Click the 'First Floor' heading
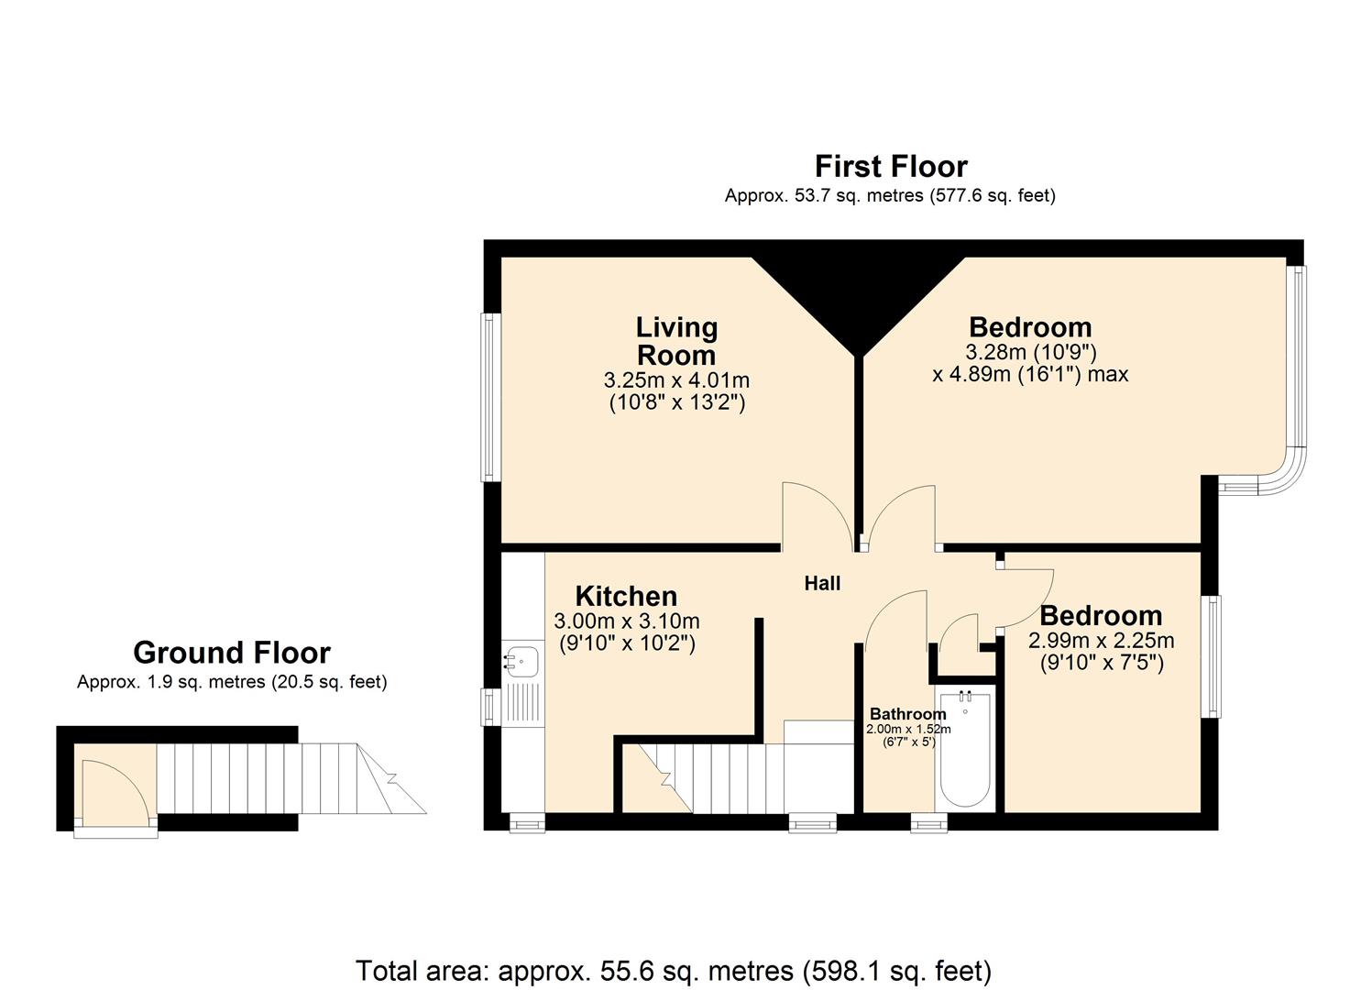tap(891, 167)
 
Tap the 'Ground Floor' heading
tap(231, 653)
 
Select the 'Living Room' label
tap(676, 341)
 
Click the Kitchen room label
tap(626, 596)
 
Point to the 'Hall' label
tap(822, 583)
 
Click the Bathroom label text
tap(907, 714)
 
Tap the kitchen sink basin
tap(521, 658)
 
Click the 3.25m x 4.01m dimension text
tap(676, 379)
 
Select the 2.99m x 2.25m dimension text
tap(1101, 641)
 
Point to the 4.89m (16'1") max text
tap(1030, 374)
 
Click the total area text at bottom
tap(674, 970)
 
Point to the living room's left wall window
tap(492, 397)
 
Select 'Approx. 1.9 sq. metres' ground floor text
tap(231, 682)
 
